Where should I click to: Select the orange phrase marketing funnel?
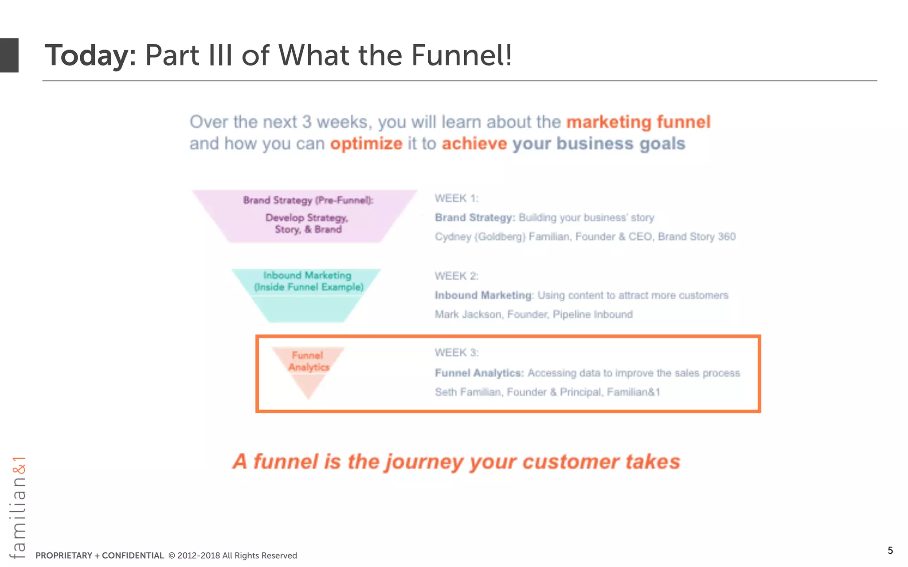click(x=638, y=122)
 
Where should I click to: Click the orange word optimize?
click(x=366, y=144)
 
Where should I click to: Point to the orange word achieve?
click(x=474, y=144)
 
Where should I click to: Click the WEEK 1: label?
click(x=456, y=198)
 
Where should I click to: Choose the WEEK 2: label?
click(x=456, y=276)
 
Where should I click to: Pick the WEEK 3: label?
click(x=456, y=353)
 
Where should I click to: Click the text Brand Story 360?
click(x=697, y=237)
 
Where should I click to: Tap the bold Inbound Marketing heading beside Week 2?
click(x=483, y=295)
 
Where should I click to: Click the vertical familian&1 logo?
click(x=18, y=507)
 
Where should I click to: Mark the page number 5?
click(x=890, y=551)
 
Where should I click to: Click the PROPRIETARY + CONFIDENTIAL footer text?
click(x=99, y=555)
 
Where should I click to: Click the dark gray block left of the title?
click(x=9, y=55)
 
